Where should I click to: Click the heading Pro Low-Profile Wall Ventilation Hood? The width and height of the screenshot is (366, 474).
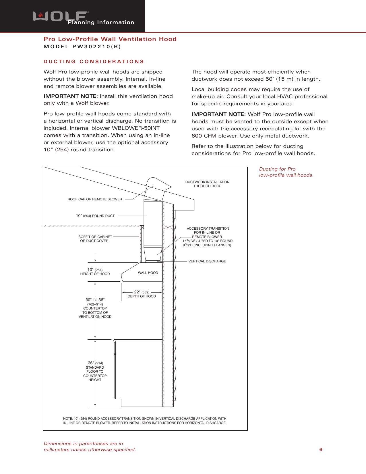(x=110, y=39)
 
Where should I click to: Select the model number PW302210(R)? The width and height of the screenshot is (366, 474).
(x=82, y=47)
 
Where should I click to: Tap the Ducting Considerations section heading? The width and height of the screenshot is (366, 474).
(x=94, y=61)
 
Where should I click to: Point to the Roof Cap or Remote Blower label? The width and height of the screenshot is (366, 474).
(x=95, y=199)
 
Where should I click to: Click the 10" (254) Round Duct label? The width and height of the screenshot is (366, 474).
(x=95, y=216)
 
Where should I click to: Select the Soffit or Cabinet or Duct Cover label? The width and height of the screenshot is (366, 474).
(x=95, y=239)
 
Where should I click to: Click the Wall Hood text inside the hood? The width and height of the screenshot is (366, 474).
(x=148, y=273)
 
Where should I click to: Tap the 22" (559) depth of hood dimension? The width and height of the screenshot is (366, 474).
(x=142, y=294)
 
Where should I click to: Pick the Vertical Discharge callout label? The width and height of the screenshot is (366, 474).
(x=207, y=261)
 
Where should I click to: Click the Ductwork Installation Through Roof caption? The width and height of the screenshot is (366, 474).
(x=207, y=184)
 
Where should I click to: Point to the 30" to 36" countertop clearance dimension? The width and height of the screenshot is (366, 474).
(x=95, y=308)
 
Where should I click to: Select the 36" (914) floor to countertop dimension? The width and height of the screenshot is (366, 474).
(x=95, y=371)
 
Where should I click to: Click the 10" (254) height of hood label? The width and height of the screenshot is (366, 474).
(x=95, y=272)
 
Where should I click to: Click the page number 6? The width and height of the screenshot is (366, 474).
(x=321, y=450)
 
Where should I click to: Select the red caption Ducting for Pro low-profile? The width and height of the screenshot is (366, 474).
(x=286, y=172)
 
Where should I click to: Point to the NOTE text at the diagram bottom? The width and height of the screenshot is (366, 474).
(x=145, y=421)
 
